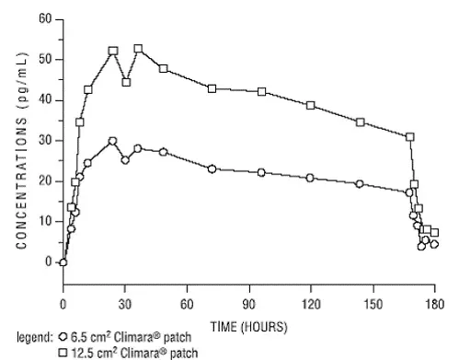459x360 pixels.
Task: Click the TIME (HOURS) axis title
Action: click(248, 326)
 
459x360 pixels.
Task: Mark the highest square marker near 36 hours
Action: click(138, 49)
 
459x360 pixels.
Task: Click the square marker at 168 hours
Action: click(410, 136)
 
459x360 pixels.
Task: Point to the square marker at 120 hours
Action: click(311, 105)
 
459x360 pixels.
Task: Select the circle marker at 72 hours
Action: click(212, 168)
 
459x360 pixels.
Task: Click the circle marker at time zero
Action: click(63, 261)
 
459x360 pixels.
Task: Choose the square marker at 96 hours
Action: click(262, 91)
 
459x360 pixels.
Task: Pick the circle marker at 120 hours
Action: click(311, 178)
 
